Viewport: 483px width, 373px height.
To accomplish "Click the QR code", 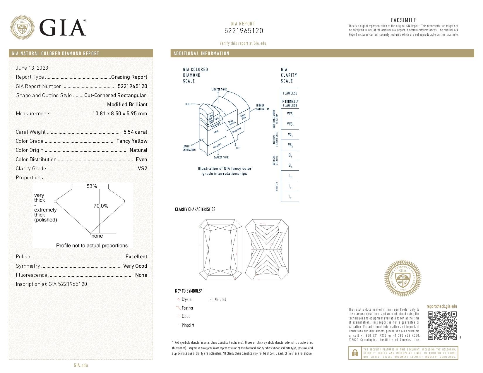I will click(442, 325).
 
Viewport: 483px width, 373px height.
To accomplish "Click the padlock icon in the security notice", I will click(355, 353).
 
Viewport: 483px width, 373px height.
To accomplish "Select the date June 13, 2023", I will click(32, 68).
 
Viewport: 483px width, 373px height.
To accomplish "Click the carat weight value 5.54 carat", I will click(135, 132).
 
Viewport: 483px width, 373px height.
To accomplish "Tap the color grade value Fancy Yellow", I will click(132, 141).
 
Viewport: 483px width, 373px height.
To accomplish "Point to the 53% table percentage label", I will click(91, 186).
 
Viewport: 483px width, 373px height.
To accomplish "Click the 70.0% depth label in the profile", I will click(101, 206).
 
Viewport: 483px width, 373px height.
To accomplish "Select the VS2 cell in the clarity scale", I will click(290, 145).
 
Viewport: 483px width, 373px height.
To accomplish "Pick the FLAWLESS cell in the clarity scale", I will click(290, 93).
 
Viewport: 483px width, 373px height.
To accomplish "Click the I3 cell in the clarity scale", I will click(290, 197).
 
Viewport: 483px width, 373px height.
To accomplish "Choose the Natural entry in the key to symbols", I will click(220, 300).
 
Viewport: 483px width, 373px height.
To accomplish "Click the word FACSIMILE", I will click(403, 20).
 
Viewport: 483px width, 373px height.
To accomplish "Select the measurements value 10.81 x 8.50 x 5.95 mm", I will click(120, 114).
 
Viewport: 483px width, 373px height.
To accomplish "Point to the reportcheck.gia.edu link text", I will click(441, 306).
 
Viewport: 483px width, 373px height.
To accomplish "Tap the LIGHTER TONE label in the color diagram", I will click(219, 90).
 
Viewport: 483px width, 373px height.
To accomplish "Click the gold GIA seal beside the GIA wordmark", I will click(22, 27).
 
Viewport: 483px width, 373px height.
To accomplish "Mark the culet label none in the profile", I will click(97, 236).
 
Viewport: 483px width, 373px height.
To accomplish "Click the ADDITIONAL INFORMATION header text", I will click(201, 54).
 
